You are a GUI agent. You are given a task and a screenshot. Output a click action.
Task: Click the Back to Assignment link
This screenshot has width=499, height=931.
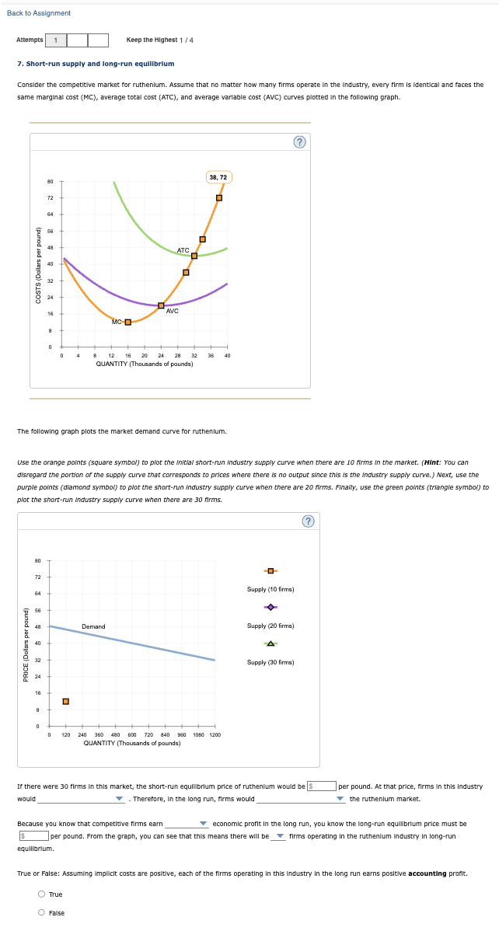39,13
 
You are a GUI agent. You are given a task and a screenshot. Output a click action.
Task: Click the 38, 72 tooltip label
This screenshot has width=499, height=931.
218,178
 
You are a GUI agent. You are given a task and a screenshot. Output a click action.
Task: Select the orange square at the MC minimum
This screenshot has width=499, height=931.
128,322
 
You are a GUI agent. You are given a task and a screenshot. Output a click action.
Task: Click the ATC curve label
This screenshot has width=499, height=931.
183,250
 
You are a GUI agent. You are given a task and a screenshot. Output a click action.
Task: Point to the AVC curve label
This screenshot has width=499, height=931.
173,311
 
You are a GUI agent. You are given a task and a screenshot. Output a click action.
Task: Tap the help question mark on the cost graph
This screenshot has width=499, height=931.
299,141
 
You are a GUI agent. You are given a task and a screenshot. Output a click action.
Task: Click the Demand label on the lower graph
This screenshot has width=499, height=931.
93,626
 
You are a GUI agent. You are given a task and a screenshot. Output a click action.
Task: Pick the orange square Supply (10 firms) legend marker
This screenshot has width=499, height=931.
270,571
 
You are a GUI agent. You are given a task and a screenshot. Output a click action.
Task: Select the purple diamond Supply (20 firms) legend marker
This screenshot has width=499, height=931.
270,608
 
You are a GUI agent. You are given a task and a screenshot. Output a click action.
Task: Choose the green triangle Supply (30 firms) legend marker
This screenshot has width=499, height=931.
270,643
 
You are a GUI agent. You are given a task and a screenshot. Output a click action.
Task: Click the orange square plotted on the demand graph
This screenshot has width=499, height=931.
66,702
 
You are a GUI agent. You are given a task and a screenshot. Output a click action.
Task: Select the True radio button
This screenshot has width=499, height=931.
42,894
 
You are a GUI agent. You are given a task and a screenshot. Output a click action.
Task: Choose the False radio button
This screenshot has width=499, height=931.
42,913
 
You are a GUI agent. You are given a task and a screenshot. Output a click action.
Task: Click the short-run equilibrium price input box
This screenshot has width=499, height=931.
325,786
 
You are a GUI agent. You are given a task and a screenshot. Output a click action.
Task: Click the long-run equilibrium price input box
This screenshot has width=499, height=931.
35,836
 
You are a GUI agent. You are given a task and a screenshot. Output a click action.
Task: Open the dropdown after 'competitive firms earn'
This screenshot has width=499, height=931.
185,824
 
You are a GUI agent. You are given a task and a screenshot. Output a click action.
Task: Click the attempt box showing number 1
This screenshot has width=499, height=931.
56,40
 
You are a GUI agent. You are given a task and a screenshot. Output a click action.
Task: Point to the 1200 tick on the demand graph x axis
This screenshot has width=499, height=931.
214,734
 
